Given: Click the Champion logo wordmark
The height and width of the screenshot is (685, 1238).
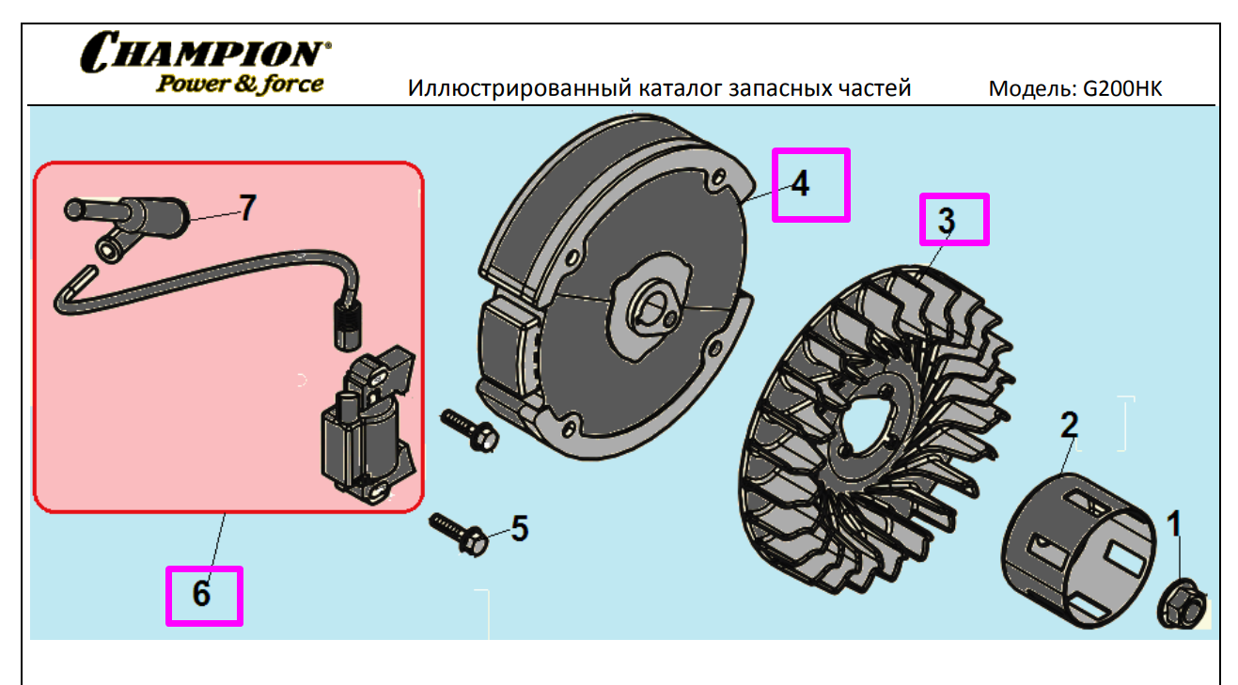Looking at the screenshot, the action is [206, 52].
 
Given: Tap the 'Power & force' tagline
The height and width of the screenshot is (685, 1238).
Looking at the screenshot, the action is [240, 84].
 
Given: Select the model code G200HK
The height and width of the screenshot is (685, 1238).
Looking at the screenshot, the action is [1122, 88].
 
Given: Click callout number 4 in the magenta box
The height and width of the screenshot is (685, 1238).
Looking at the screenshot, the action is [800, 183].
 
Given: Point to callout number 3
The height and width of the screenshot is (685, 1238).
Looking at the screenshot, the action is [947, 221].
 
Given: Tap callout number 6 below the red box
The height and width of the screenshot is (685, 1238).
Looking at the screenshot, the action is [201, 594].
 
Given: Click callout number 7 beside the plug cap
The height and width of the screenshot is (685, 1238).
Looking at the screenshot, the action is [247, 208].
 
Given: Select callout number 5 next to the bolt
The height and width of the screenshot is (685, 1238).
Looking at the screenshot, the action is [520, 528].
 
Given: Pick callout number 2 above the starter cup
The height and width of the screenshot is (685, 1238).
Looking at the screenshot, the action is [1069, 425].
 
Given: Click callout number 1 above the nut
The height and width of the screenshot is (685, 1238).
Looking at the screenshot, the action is [1174, 523].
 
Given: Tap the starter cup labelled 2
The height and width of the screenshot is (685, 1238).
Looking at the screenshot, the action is [1077, 551].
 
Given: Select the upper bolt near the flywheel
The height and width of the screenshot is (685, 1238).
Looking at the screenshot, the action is [470, 430].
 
